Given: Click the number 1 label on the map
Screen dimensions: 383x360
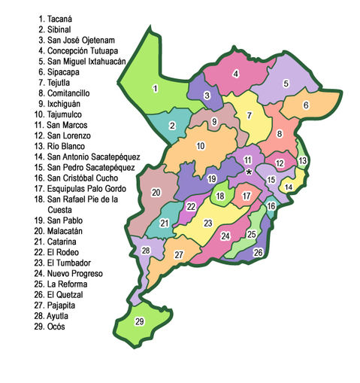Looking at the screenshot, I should tap(155, 89).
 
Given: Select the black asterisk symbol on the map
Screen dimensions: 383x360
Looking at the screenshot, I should tap(248, 172).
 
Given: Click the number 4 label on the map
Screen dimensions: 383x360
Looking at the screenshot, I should tap(236, 74).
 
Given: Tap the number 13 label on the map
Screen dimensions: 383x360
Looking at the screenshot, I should tap(303, 161).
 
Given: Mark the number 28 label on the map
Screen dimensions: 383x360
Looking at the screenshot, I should tap(146, 250).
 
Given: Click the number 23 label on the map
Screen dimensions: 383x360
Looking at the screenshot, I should tap(208, 223).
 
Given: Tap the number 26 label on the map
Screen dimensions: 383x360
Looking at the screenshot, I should tap(258, 252).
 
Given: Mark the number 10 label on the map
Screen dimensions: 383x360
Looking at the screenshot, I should tap(201, 146).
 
